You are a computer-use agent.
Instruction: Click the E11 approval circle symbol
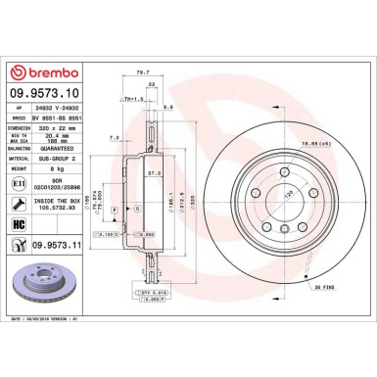pos(22,183)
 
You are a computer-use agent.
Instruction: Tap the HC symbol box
pos(22,225)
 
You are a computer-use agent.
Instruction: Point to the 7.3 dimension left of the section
pos(116,138)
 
